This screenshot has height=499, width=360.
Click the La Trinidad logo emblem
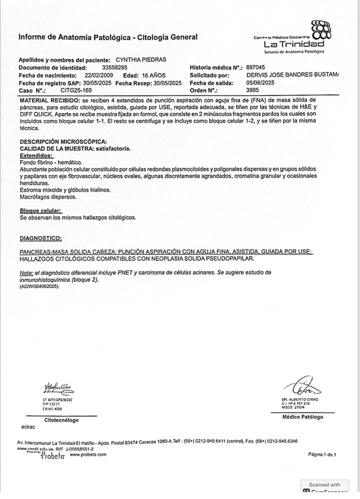click(x=321, y=30)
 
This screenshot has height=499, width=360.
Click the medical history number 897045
click(x=255, y=67)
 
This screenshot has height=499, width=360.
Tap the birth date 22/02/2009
click(x=99, y=75)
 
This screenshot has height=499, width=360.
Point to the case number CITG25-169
click(x=76, y=90)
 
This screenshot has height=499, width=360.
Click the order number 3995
click(x=252, y=90)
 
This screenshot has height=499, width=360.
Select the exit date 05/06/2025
click(x=260, y=83)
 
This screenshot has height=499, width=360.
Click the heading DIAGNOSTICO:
click(x=41, y=238)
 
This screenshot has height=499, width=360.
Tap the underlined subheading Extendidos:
click(x=37, y=155)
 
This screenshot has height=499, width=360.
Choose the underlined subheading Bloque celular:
click(x=41, y=211)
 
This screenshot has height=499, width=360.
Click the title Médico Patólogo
click(x=303, y=417)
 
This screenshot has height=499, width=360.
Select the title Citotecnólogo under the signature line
click(x=61, y=420)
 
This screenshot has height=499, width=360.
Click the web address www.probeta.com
click(x=88, y=454)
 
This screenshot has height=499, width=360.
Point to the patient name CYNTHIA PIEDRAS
click(x=141, y=60)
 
